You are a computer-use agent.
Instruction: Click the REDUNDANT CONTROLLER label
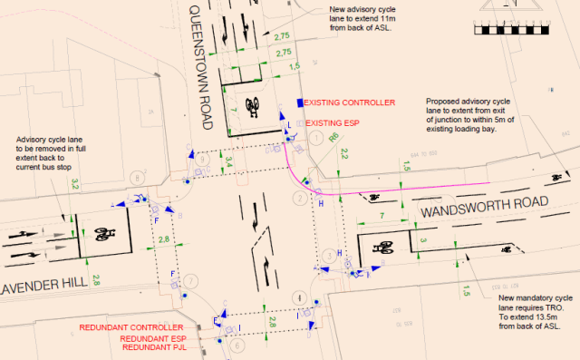coord(132,327)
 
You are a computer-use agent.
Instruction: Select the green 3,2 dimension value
coord(76,184)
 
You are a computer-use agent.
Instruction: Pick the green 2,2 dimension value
coord(344,156)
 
